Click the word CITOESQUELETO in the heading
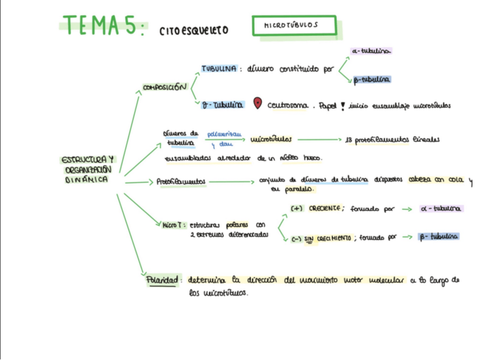[x=194, y=30]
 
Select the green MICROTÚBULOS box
[x=294, y=26]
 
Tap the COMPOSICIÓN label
[x=164, y=88]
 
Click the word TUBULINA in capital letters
[x=219, y=69]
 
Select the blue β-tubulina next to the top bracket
[x=372, y=79]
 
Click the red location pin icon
[x=257, y=104]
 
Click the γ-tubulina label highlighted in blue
[x=222, y=105]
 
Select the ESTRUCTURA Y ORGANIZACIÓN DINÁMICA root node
[x=88, y=170]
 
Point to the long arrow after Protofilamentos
[x=231, y=182]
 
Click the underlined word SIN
[x=310, y=237]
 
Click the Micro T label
[x=172, y=225]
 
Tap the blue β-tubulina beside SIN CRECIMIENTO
[x=439, y=237]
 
